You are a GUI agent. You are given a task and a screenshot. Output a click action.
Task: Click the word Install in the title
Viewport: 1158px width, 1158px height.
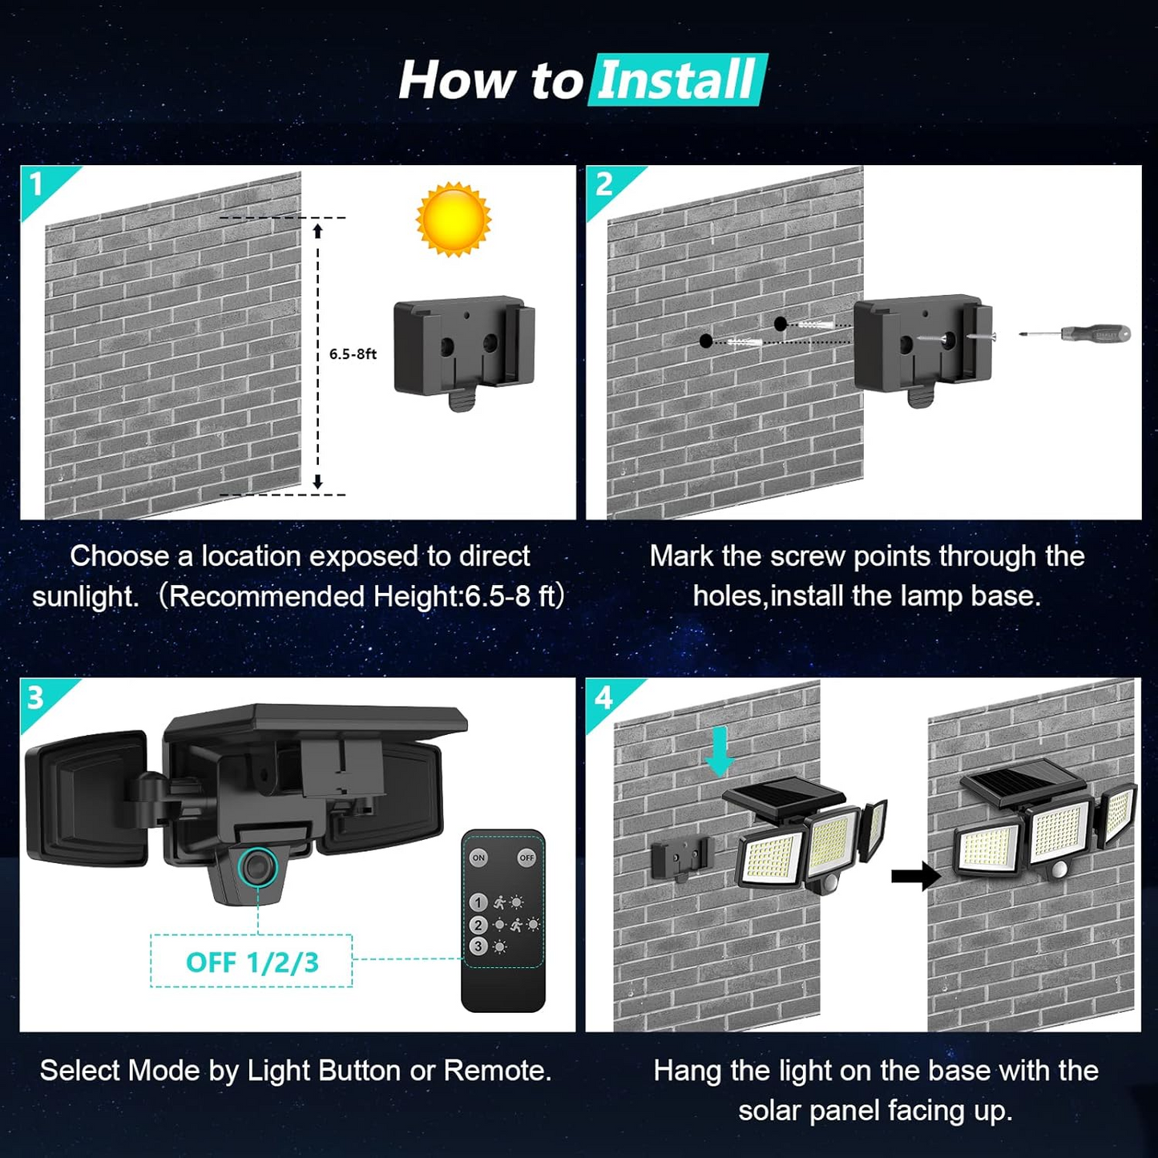coord(677,80)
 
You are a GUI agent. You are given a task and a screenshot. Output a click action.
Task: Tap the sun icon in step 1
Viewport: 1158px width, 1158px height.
coord(453,219)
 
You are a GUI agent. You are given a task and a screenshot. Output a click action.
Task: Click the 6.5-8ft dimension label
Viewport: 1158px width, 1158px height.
coord(353,354)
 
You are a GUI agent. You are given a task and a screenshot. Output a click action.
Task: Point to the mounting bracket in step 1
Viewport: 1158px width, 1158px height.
coord(463,349)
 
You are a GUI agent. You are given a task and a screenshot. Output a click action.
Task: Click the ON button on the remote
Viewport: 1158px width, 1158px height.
coord(478,857)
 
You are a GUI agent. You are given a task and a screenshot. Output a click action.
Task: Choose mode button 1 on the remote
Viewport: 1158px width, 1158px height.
coord(478,902)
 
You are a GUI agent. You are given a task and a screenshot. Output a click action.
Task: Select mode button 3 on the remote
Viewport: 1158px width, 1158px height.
coord(478,946)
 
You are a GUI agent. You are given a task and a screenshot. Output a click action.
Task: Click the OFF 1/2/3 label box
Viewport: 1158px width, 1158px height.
coord(252,962)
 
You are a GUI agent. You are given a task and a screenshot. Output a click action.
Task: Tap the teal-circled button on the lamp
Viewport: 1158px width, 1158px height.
coord(258,867)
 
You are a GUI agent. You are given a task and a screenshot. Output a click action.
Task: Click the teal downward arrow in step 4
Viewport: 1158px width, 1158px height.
coord(720,751)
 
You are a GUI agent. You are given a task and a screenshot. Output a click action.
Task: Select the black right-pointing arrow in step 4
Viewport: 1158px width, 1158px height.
coord(915,876)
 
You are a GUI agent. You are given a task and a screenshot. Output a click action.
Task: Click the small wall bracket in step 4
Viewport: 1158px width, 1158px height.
coord(680,859)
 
